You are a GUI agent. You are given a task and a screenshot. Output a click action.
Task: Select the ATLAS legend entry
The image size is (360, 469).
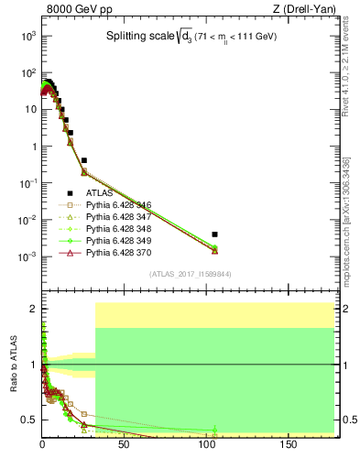102,192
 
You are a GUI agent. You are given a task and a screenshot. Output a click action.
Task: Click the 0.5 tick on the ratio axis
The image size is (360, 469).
27,420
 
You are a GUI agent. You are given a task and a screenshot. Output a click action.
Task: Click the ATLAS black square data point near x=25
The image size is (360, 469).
83,159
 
